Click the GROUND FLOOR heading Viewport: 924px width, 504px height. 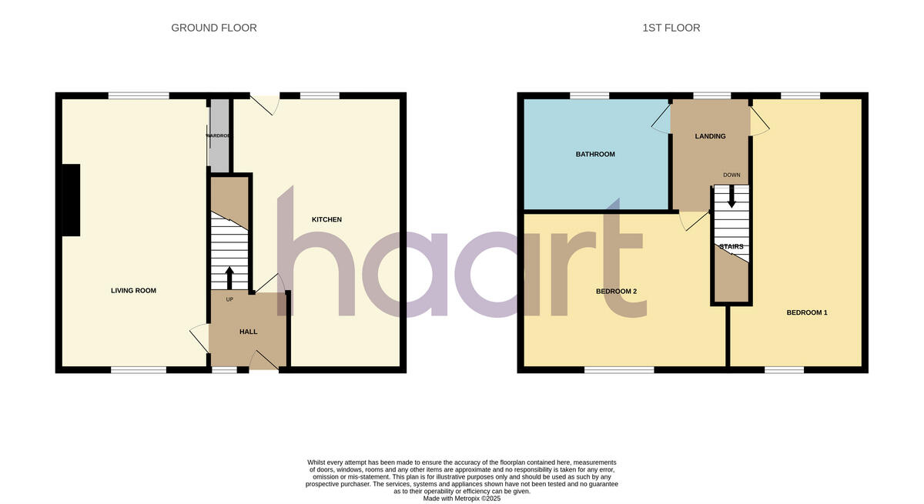[214, 28]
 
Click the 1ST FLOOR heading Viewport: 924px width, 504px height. [671, 28]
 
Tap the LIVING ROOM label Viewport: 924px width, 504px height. [133, 291]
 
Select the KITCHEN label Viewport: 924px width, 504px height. [326, 220]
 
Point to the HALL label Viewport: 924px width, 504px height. [248, 332]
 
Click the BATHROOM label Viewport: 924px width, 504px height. [595, 155]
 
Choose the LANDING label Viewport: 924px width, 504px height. [710, 136]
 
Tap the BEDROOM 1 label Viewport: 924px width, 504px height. [806, 312]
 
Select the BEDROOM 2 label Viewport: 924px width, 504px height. [616, 292]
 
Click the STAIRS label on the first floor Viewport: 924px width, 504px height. [731, 246]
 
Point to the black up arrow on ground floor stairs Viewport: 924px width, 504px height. [229, 276]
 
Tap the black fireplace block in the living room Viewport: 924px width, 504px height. [71, 200]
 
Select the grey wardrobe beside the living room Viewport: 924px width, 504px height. [219, 136]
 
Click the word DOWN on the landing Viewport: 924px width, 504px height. [731, 175]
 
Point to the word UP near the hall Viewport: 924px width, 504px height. [229, 299]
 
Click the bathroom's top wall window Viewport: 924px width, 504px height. [589, 95]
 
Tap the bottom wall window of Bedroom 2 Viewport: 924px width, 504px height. [619, 370]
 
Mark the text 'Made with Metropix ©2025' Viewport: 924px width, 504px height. [462, 499]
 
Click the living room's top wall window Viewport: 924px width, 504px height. [139, 95]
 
